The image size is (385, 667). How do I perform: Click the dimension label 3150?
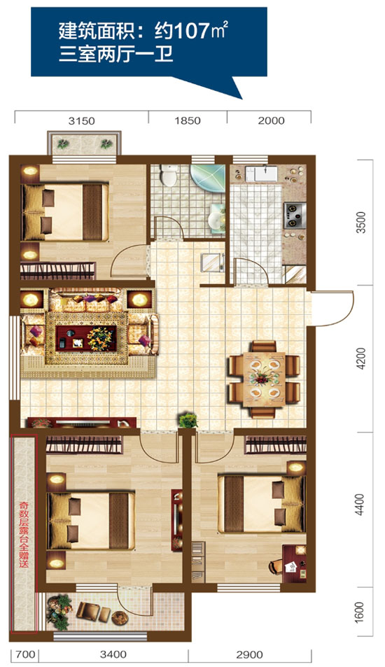(x=82, y=121)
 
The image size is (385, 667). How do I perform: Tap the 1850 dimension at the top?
(x=188, y=121)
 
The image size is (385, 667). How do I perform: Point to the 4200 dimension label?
(x=361, y=358)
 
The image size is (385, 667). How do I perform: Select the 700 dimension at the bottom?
(x=25, y=654)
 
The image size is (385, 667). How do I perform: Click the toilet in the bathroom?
(x=169, y=175)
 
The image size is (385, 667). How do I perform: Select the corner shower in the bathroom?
(x=207, y=179)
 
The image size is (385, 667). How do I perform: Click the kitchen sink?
(x=262, y=173)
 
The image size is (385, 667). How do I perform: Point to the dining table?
(x=264, y=378)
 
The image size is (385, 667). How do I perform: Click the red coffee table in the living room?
(x=86, y=338)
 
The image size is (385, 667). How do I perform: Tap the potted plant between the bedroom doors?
(x=188, y=420)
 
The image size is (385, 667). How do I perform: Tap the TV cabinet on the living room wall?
(x=82, y=423)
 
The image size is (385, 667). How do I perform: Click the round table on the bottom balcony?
(x=120, y=617)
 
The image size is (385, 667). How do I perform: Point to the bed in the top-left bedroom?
(x=64, y=212)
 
